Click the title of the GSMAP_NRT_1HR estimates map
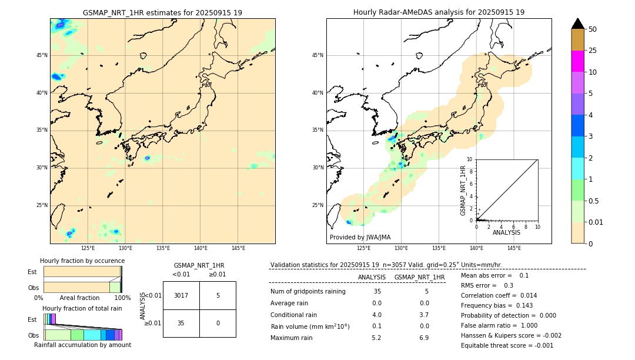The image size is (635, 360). point(162,12)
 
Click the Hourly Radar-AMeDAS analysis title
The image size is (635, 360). point(439,12)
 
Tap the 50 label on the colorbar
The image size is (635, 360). point(593,29)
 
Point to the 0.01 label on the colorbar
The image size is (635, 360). point(596,222)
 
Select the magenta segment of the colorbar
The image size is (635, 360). point(577,61)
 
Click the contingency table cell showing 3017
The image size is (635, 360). point(181,295)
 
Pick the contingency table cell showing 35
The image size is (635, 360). point(181,323)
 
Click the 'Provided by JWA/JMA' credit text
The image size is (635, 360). point(360,237)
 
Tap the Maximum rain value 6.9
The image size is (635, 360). point(423,338)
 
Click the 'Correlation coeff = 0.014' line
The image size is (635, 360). point(499,295)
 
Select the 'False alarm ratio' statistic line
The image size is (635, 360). point(499,325)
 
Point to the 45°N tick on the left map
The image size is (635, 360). point(42,55)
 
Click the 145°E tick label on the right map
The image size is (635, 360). point(514,248)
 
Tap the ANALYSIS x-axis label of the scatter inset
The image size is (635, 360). point(506,232)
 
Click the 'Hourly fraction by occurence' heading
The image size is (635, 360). point(82,261)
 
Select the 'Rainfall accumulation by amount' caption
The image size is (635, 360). point(82,345)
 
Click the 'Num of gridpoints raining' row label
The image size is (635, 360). point(308,291)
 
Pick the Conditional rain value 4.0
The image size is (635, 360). point(376,315)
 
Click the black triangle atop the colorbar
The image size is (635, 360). point(577,24)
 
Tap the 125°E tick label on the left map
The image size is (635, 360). point(88,248)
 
